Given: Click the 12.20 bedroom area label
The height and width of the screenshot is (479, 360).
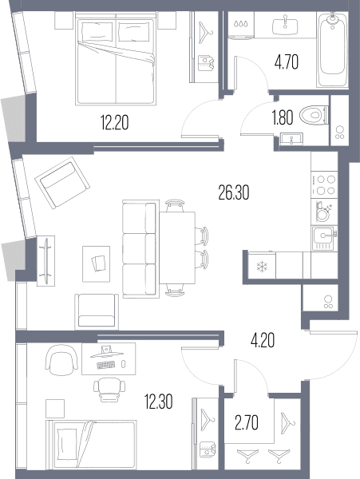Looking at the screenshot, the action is click(114, 123).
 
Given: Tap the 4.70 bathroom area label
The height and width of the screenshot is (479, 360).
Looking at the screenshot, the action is click(286, 62).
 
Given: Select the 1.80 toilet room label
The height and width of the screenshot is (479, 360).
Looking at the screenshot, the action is click(283, 117).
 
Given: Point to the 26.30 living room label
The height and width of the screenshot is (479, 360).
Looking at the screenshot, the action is click(234, 192).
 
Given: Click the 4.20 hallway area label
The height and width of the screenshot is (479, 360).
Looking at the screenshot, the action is click(263, 340).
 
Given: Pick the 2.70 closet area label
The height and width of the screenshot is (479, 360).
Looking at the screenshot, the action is click(247, 423).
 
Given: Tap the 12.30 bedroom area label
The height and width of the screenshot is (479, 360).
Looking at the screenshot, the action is click(159, 402).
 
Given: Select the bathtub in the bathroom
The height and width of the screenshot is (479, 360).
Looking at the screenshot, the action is click(332, 50).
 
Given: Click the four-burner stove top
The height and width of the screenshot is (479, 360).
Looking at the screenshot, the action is click(324, 185).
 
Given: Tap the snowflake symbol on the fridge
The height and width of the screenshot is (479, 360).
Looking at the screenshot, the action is click(262, 266).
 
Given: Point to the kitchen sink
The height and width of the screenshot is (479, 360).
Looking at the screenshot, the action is click(325, 238).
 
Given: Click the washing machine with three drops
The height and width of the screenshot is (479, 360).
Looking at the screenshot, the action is click(241, 26).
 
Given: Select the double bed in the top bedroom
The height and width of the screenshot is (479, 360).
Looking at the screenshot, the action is click(116, 58).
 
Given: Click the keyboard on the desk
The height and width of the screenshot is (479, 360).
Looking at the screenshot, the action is click(106, 365).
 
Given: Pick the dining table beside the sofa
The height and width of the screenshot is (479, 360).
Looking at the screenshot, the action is click(177, 247).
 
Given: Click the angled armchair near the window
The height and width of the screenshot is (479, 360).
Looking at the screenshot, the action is click(62, 183).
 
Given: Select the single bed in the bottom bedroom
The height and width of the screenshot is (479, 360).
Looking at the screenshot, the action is click(91, 445).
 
